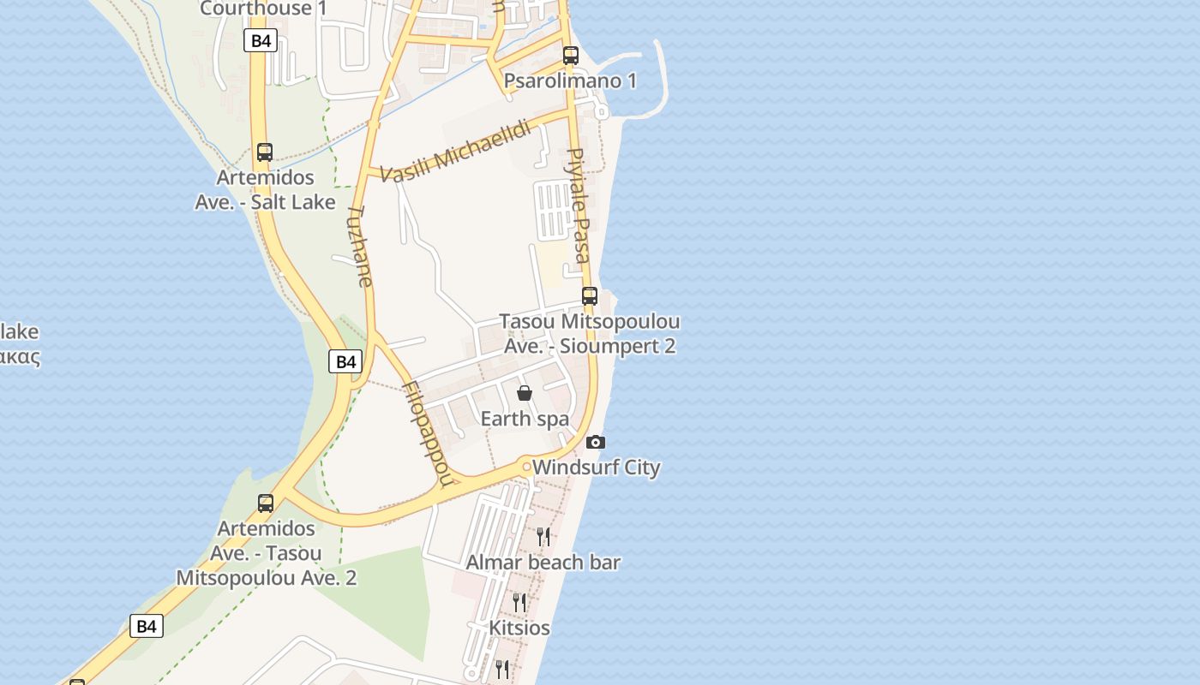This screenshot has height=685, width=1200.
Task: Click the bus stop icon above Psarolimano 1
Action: pyautogui.click(x=570, y=56)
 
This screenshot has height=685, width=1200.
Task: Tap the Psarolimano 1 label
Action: pyautogui.click(x=570, y=81)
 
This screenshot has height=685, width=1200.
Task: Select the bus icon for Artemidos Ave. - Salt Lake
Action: pyautogui.click(x=265, y=152)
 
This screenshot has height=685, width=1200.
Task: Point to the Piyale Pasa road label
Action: pyautogui.click(x=579, y=205)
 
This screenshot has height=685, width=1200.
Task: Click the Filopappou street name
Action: pyautogui.click(x=427, y=433)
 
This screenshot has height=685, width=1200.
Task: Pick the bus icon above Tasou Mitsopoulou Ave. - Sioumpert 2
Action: pyautogui.click(x=590, y=296)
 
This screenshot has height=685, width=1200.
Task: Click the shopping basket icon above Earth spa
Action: pyautogui.click(x=525, y=393)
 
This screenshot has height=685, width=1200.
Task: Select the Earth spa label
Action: pyautogui.click(x=525, y=419)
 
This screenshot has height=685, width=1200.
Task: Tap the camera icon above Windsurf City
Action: pyautogui.click(x=596, y=443)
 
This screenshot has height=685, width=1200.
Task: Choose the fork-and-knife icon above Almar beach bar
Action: pyautogui.click(x=543, y=537)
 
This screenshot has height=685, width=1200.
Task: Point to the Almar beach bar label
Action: pyautogui.click(x=543, y=563)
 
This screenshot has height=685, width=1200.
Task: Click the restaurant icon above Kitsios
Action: pyautogui.click(x=519, y=603)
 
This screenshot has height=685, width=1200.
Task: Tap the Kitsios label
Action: pyautogui.click(x=519, y=628)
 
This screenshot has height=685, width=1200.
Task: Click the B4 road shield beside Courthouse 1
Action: pyautogui.click(x=261, y=40)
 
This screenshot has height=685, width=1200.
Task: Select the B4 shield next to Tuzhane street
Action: pyautogui.click(x=345, y=361)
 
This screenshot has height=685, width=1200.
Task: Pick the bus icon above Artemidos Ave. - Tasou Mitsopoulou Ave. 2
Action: pyautogui.click(x=266, y=503)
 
